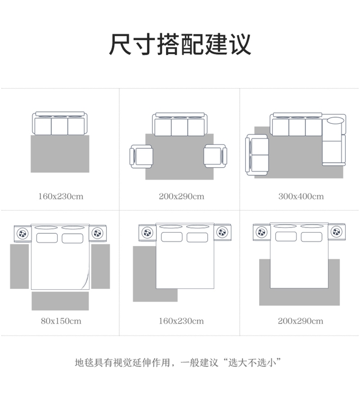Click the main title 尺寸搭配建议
(180, 44)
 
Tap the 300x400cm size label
(301, 196)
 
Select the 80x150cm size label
(61, 321)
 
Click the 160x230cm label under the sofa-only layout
(60, 196)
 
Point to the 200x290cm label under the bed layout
(300, 321)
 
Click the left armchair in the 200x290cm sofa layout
(141, 156)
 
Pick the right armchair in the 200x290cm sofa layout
(215, 156)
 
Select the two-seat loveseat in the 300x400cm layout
(257, 155)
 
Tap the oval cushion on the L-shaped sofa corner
(335, 120)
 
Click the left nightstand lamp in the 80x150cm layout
(23, 234)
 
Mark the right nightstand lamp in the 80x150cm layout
(97, 233)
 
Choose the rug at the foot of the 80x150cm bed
(60, 301)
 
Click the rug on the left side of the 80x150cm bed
(20, 266)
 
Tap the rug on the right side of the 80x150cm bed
(100, 266)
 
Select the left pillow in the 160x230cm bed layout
(172, 237)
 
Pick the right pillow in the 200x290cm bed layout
(312, 237)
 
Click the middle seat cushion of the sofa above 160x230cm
(60, 126)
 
